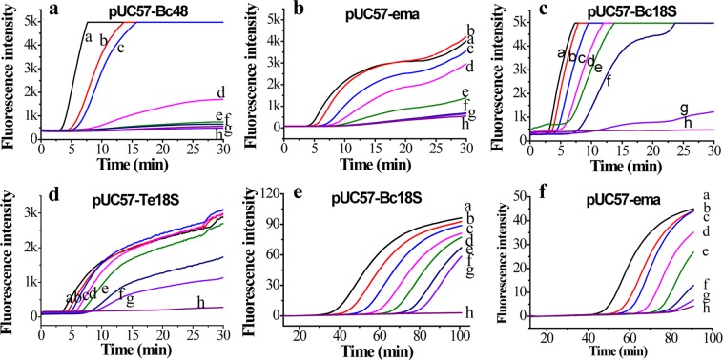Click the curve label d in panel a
click(220, 92)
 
